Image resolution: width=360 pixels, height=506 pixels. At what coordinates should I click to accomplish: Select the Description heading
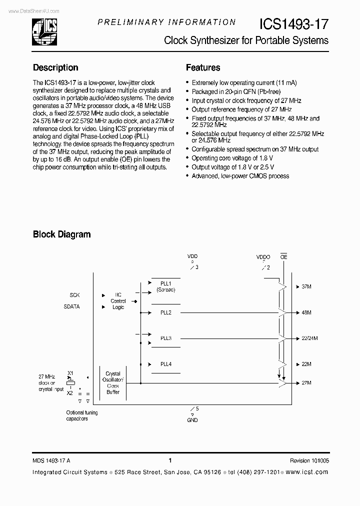[x=55, y=67]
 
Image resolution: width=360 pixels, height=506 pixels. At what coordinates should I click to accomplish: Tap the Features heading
[x=203, y=67]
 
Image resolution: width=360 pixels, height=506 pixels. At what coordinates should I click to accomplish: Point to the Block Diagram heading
[x=62, y=234]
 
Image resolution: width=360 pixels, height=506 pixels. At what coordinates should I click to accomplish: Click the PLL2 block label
[x=165, y=312]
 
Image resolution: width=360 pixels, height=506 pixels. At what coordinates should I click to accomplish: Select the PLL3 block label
[x=165, y=338]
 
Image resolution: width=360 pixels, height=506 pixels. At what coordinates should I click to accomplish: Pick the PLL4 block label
[x=165, y=364]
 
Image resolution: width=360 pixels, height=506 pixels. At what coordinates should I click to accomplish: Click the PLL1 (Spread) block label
[x=165, y=286]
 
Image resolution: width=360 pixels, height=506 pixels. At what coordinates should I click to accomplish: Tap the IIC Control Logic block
[x=118, y=301]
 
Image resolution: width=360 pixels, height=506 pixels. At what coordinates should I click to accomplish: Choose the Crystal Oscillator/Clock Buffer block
[x=113, y=382]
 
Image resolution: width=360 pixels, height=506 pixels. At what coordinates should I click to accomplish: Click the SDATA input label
[x=71, y=307]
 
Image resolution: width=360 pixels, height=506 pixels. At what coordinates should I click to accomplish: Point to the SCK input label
[x=74, y=295]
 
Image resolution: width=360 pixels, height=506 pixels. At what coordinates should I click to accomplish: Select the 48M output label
[x=307, y=312]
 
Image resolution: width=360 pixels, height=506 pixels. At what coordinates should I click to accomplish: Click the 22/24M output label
[x=310, y=338]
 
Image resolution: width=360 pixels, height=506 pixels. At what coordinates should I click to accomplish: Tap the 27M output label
[x=307, y=383]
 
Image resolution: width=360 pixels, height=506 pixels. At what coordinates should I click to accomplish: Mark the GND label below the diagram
[x=192, y=420]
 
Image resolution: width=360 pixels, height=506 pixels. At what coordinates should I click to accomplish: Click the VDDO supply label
[x=263, y=257]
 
